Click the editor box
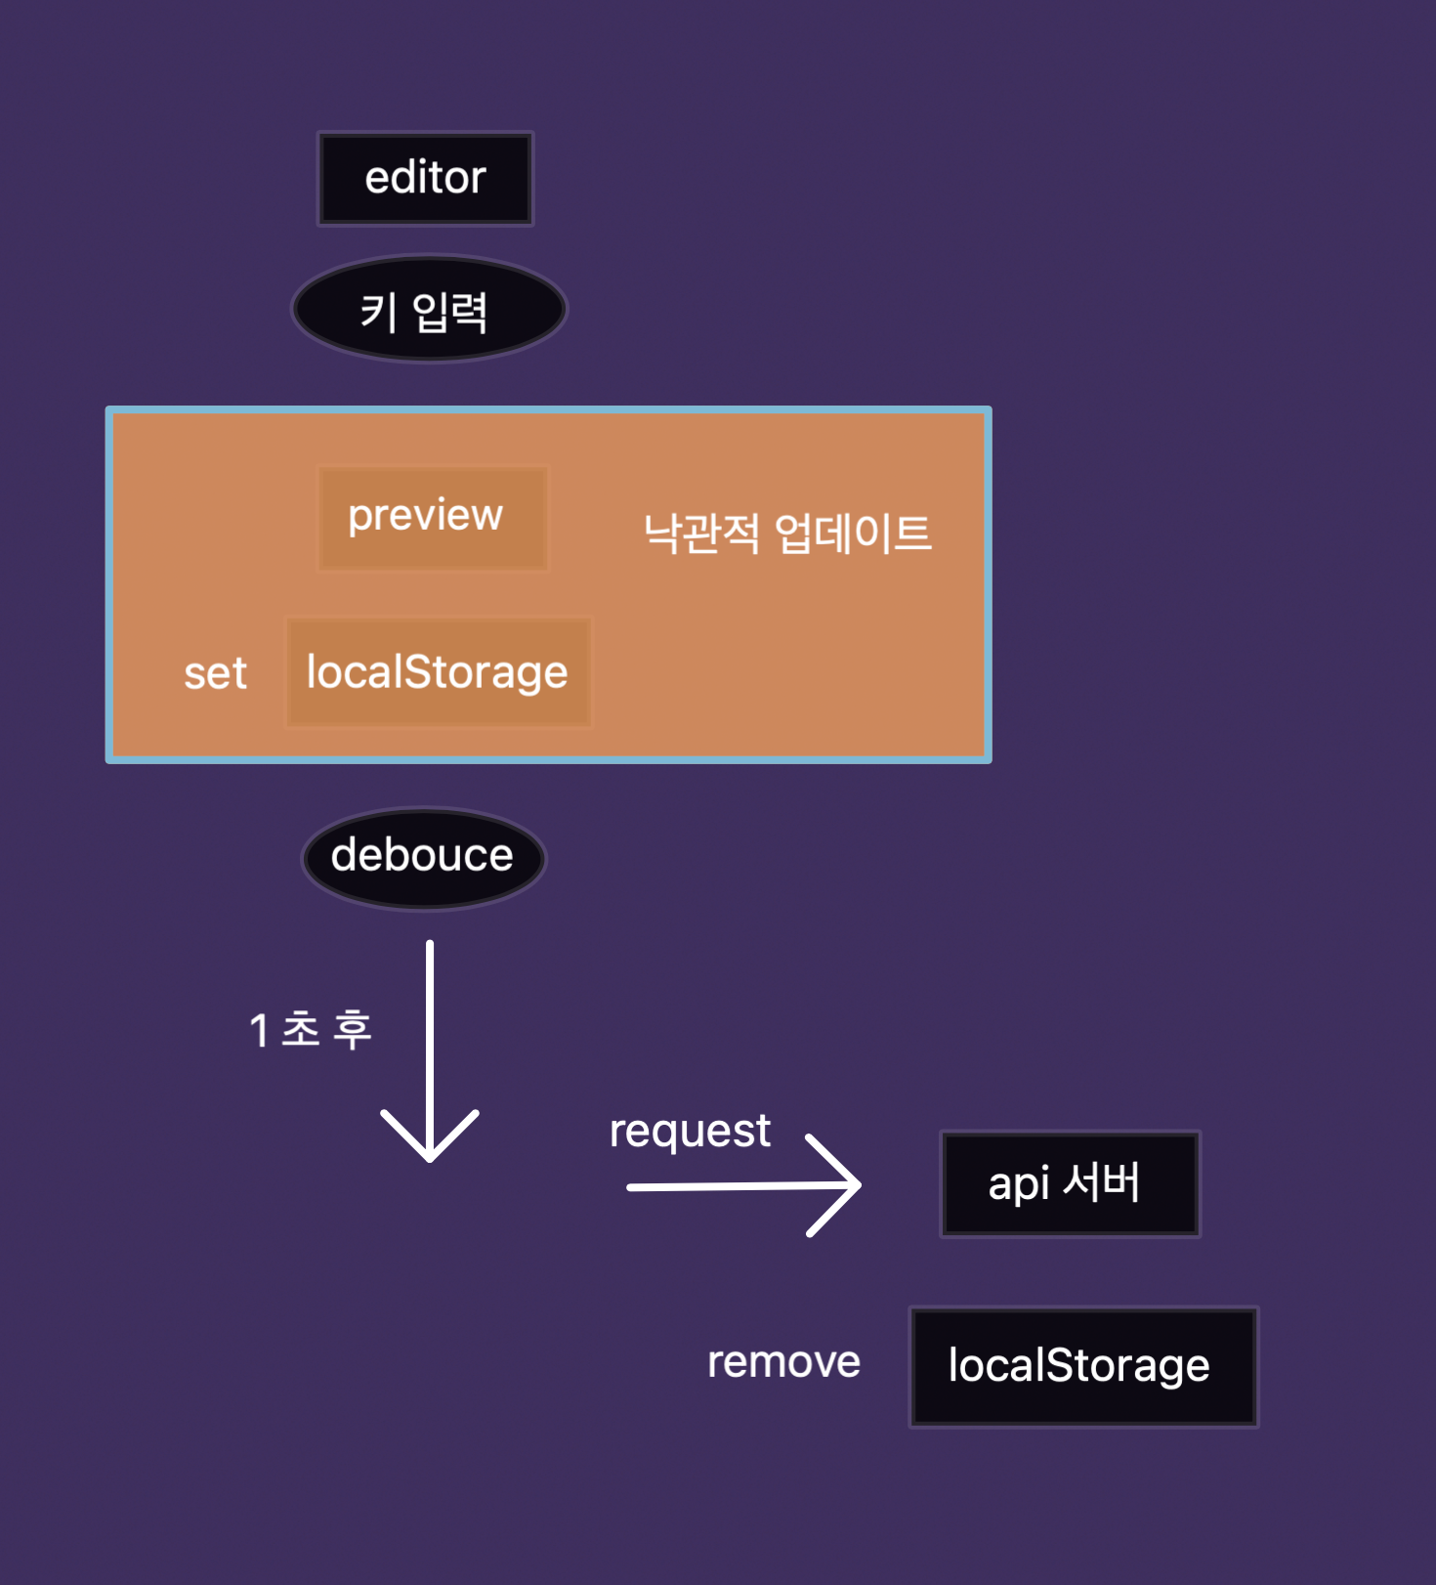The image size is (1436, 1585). point(425,179)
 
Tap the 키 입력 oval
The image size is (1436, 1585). point(429,310)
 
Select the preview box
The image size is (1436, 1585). point(432,517)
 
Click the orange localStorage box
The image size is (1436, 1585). point(438,672)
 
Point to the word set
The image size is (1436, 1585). point(215,673)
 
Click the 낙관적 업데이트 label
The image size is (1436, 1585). point(787,534)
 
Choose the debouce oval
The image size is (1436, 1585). point(423,857)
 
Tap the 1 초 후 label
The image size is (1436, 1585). point(311,1030)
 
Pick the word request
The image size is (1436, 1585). point(690,1132)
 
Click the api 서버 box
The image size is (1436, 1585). point(1070,1183)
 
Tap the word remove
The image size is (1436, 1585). point(783,1362)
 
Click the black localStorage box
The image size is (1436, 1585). point(1082,1366)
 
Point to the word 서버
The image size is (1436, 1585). point(1101,1182)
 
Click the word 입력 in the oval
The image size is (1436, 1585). point(449,312)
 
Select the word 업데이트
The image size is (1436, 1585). point(853,534)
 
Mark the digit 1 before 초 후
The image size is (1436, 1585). point(259,1031)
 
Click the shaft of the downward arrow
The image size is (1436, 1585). point(430,1026)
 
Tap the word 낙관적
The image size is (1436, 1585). point(701,534)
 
